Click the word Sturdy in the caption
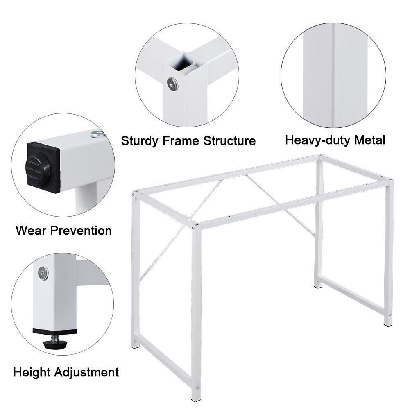click(x=140, y=141)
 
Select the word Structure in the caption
click(x=230, y=140)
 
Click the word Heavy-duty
click(x=318, y=140)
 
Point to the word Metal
click(x=370, y=140)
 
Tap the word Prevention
click(x=81, y=231)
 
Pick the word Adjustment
click(x=86, y=373)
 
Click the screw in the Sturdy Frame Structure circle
click(x=172, y=84)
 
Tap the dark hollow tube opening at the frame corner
click(x=183, y=63)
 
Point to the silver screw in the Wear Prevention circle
click(x=97, y=134)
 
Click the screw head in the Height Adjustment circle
click(x=43, y=273)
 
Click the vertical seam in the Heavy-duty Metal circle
click(x=334, y=76)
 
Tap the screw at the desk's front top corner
click(x=193, y=228)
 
